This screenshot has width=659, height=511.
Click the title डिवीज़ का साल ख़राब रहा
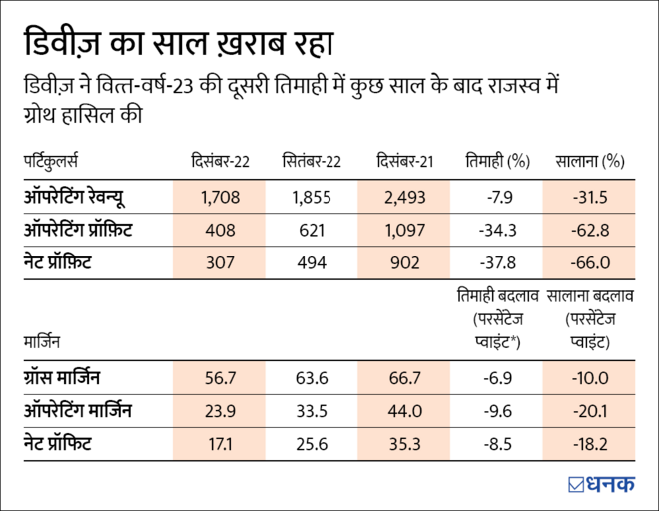point(178,43)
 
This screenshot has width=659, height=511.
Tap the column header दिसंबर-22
point(221,162)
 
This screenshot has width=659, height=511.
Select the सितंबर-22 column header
point(312,162)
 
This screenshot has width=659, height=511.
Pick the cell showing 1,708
point(221,197)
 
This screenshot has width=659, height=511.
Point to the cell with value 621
point(312,230)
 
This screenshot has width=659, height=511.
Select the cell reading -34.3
point(496,230)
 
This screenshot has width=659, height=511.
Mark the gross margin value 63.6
point(312,377)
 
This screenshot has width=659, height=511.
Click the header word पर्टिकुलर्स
point(50,162)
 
